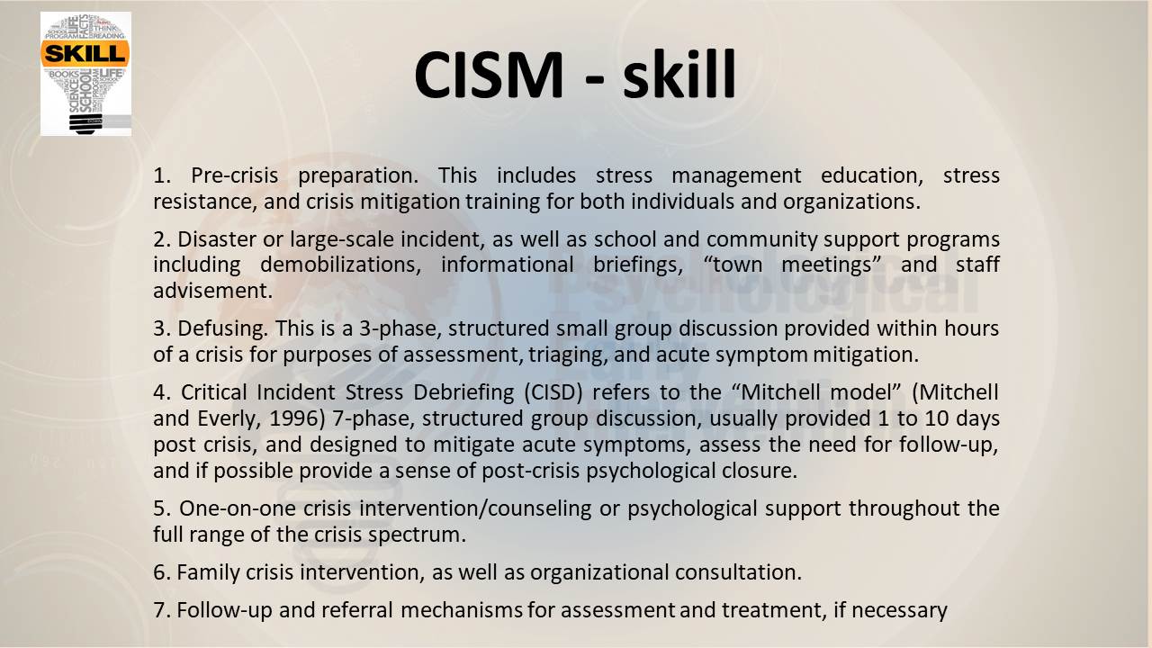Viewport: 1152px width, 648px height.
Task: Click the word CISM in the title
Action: (x=489, y=74)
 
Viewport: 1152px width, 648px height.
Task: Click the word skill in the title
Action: (x=679, y=74)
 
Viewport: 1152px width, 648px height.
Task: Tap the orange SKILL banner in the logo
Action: (x=85, y=53)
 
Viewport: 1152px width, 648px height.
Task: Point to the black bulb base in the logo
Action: (x=85, y=124)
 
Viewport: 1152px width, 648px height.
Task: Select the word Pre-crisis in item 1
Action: (x=235, y=175)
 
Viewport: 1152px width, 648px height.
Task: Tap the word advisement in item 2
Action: (x=212, y=291)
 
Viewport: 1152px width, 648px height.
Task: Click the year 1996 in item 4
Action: (x=298, y=418)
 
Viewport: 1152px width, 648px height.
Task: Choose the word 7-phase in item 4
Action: (x=373, y=418)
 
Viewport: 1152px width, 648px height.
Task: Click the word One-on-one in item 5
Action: (x=237, y=508)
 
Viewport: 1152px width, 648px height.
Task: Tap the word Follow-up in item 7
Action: (x=224, y=610)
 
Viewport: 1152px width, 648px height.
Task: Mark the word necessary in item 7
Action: (x=899, y=611)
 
